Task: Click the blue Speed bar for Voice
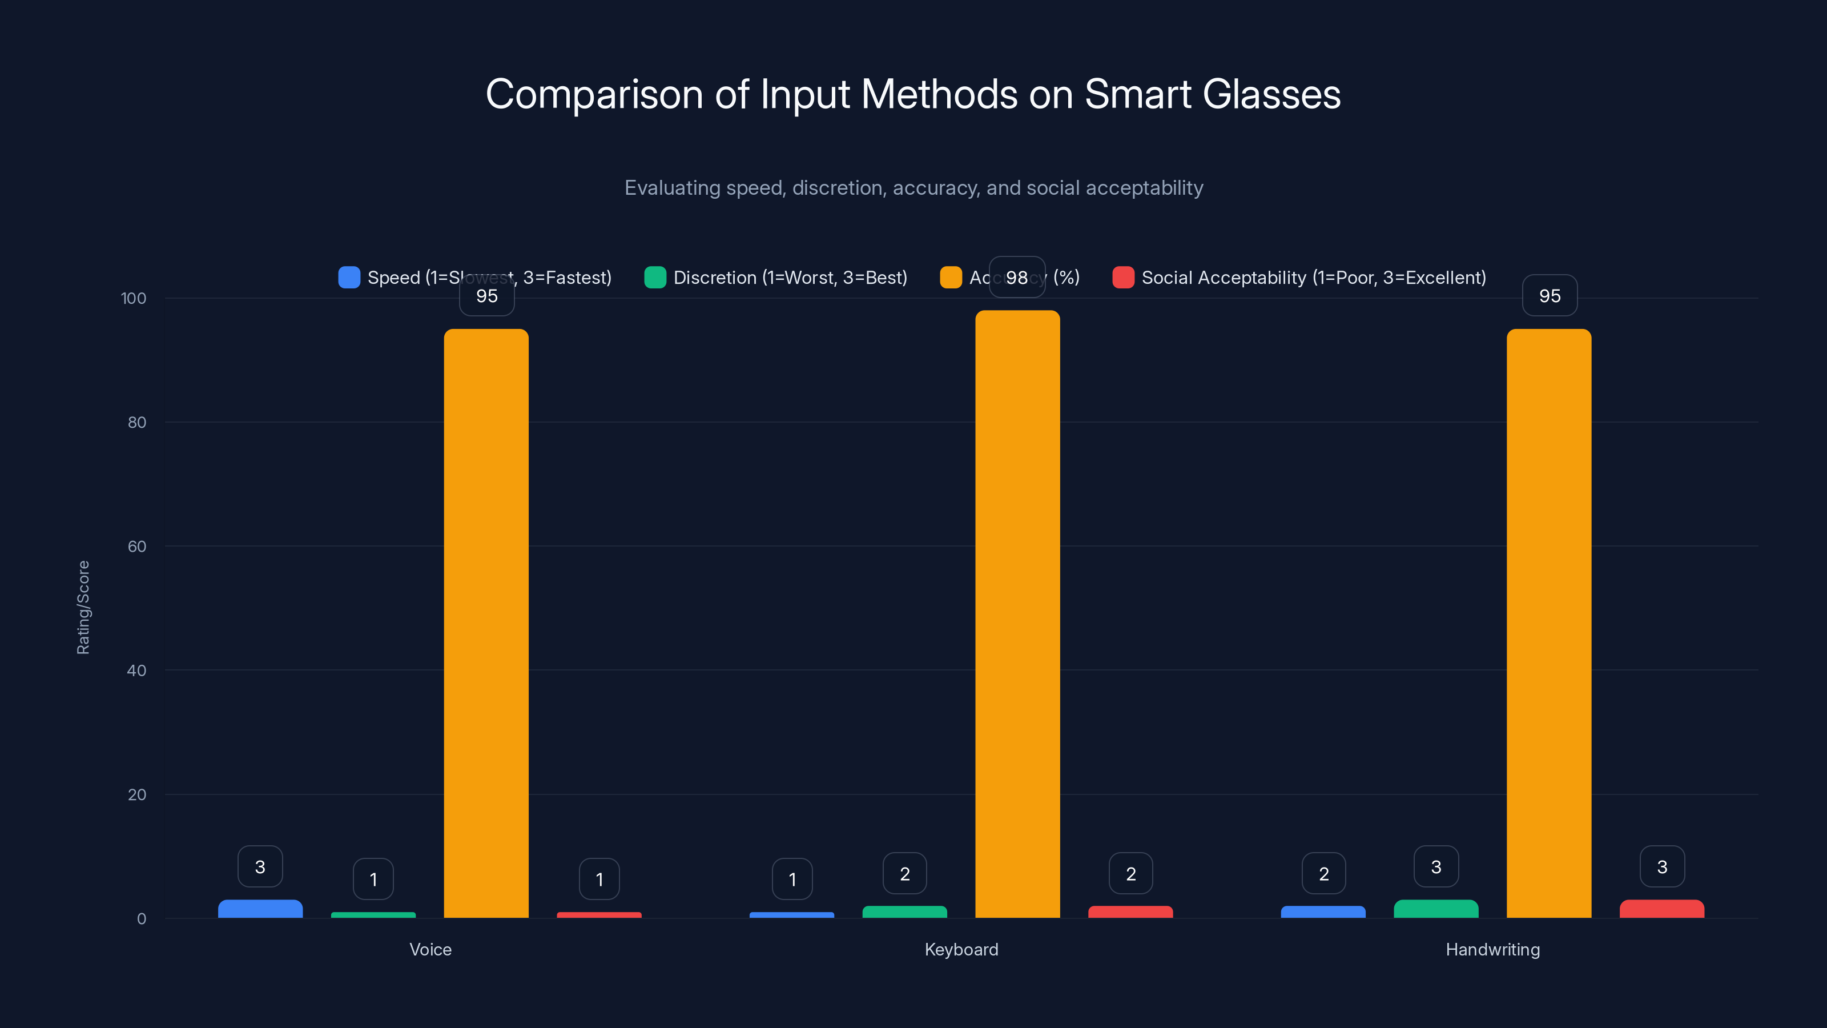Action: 260,909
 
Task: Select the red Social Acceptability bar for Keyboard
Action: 1130,911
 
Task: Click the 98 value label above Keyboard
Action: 1017,278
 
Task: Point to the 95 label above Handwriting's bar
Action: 1550,296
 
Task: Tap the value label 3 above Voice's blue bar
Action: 260,867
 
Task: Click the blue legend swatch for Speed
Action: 349,278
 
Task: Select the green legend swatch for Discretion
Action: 655,278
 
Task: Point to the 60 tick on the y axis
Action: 137,547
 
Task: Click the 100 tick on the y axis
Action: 134,298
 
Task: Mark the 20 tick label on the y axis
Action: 137,794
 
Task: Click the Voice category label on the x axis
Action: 430,949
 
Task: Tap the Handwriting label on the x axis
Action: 1493,949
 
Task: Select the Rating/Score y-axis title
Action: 83,607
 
